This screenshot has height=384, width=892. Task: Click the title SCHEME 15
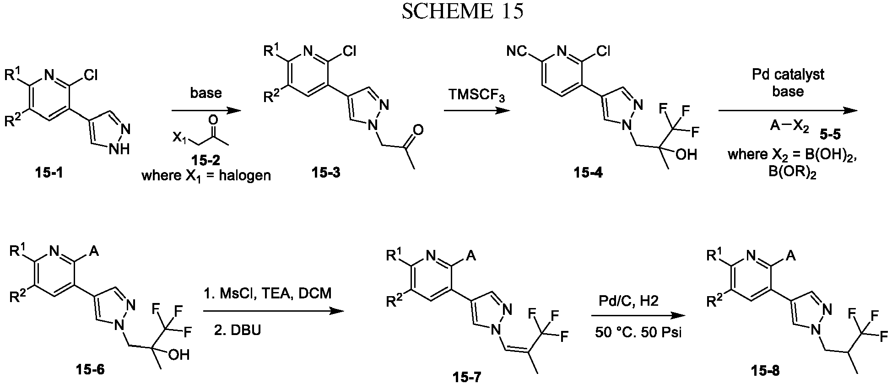click(x=462, y=12)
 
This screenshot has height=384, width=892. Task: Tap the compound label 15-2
click(x=207, y=160)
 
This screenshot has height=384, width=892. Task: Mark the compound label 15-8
click(x=764, y=369)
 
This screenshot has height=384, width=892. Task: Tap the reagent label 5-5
click(x=830, y=135)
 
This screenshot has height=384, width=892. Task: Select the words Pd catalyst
click(x=788, y=74)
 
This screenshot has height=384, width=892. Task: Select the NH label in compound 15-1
click(x=123, y=148)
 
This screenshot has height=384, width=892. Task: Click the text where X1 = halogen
click(x=206, y=176)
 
